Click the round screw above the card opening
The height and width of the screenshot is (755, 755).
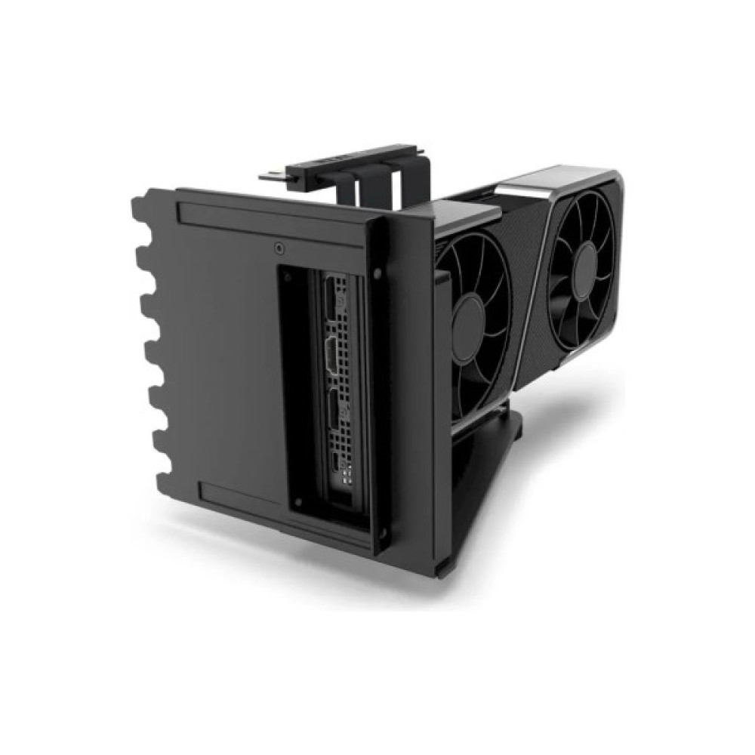tap(280, 247)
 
